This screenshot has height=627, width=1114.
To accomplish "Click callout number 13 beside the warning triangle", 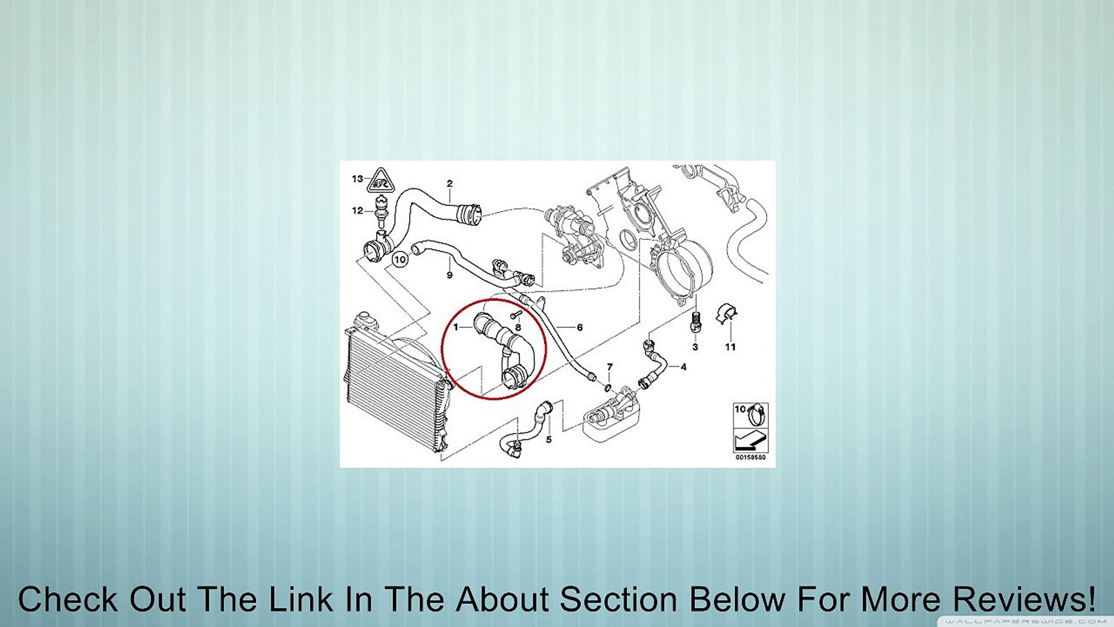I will point(357,179).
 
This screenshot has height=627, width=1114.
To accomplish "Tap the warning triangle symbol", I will point(381,181).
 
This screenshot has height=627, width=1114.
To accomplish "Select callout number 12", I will point(357,211).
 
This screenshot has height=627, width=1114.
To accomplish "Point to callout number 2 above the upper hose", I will point(450,184).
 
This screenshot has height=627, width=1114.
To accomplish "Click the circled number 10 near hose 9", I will point(400,260).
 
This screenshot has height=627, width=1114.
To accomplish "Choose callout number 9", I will point(450,275).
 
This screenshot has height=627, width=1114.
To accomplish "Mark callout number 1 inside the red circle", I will point(456,327).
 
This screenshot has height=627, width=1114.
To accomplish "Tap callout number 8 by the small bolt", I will point(518,328).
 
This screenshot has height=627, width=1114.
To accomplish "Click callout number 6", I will point(580,327).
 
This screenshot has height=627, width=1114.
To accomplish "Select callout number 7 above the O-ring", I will point(610,367).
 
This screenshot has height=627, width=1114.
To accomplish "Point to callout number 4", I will point(683,367).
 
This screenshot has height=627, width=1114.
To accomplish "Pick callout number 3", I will point(695,347).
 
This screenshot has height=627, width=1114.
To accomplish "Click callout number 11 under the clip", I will point(730,347).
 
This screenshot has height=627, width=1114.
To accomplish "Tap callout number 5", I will point(549,439).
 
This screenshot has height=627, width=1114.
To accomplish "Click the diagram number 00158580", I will point(751,457).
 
